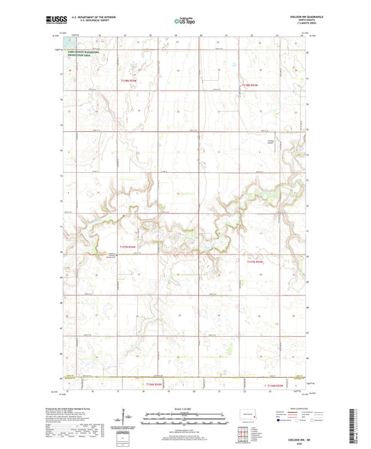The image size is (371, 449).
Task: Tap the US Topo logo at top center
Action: click(x=184, y=22)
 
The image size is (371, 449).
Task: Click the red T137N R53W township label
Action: click(x=256, y=262)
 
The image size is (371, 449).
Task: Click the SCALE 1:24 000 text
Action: click(x=184, y=409)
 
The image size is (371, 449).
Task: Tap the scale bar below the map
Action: click(x=184, y=420)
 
